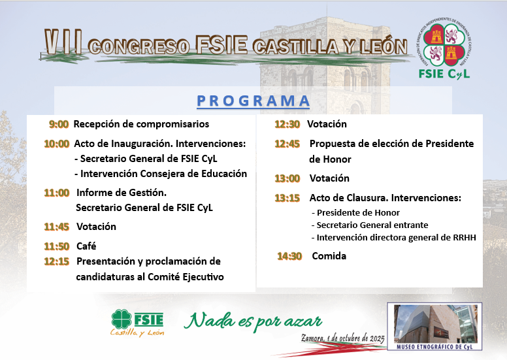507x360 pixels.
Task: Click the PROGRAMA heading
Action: click(x=253, y=101)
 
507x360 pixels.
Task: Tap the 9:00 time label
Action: click(x=59, y=124)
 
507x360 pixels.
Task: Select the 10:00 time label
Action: click(x=57, y=144)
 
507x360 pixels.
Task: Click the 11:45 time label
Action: click(x=57, y=227)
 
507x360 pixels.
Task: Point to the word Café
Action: click(x=86, y=246)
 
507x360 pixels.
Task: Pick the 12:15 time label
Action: click(x=57, y=261)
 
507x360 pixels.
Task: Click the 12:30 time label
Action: click(x=287, y=124)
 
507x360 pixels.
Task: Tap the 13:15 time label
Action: click(x=287, y=198)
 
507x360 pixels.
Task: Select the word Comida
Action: click(x=329, y=256)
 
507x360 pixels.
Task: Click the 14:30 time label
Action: click(x=289, y=256)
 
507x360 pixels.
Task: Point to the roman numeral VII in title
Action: click(x=63, y=42)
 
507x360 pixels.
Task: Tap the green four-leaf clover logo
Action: click(x=122, y=319)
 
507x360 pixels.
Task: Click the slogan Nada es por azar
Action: click(x=253, y=322)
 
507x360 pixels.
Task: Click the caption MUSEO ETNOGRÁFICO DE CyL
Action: click(x=434, y=347)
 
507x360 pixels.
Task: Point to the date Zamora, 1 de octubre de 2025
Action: click(x=343, y=338)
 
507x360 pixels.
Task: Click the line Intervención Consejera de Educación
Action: click(x=161, y=174)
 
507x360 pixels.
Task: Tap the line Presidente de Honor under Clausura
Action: click(x=355, y=213)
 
